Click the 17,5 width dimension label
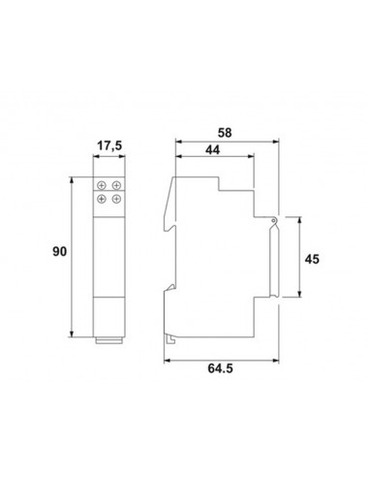coord(109,145)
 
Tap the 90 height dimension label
coord(60,251)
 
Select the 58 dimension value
coord(225,133)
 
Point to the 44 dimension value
coord(213,150)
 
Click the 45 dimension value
coord(312,259)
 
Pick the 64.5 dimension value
coord(220,368)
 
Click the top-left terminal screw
coord(102,185)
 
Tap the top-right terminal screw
coord(116,185)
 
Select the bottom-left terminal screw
coord(102,199)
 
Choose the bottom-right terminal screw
coord(116,199)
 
